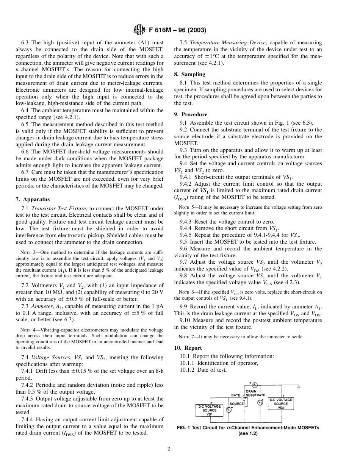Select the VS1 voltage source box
[210, 410]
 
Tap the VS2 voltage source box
[281, 403]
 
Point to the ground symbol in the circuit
[299, 388]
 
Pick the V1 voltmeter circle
[229, 410]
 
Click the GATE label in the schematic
[236, 395]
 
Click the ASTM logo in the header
[138, 31]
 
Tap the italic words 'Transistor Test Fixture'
[59, 208]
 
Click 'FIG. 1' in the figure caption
[184, 428]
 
